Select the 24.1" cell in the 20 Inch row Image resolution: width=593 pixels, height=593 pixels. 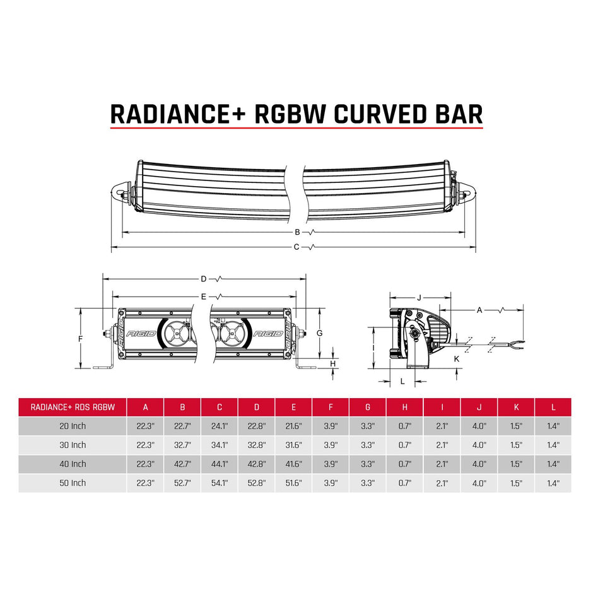pyautogui.click(x=220, y=426)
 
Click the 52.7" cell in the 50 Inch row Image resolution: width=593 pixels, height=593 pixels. pyautogui.click(x=182, y=483)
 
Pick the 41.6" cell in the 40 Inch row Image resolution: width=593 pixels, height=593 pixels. pyautogui.click(x=293, y=464)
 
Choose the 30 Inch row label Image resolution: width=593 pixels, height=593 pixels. pyautogui.click(x=73, y=445)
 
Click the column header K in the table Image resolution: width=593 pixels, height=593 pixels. pyautogui.click(x=516, y=407)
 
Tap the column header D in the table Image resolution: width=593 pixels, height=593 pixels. pyautogui.click(x=256, y=407)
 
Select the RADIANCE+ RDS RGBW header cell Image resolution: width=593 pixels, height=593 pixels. pyautogui.click(x=73, y=407)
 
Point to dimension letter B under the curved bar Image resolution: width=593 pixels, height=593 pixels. pyautogui.click(x=296, y=232)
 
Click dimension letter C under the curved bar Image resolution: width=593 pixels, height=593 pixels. pyautogui.click(x=296, y=247)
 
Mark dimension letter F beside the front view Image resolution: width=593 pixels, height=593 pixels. pyautogui.click(x=80, y=339)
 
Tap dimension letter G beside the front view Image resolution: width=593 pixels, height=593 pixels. pyautogui.click(x=320, y=332)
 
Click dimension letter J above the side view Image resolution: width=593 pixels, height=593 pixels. pyautogui.click(x=419, y=296)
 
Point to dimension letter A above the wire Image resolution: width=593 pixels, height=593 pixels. pyautogui.click(x=479, y=310)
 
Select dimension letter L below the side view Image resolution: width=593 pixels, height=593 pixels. pyautogui.click(x=402, y=380)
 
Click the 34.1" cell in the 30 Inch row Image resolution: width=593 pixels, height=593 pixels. pyautogui.click(x=220, y=445)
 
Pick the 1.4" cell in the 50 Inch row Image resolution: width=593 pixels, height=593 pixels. pyautogui.click(x=553, y=483)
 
